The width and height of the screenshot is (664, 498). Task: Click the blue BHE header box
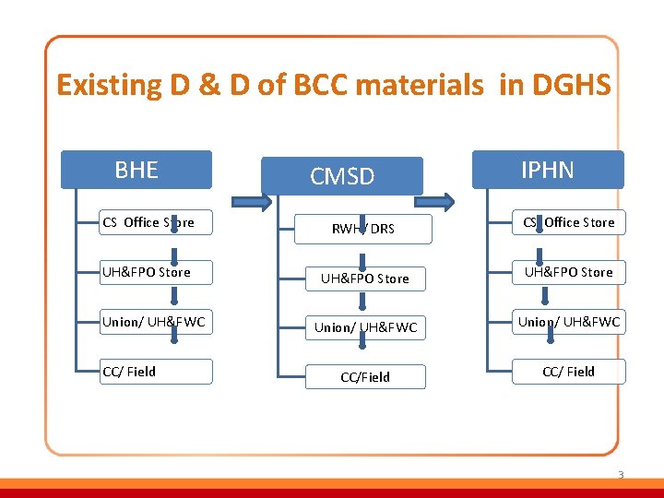pos(136,170)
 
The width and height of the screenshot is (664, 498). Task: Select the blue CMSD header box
pos(342,176)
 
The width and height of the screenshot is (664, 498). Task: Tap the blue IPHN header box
pos(548,170)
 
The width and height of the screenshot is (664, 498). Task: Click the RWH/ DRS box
pos(363,229)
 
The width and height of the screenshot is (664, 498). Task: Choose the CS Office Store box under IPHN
pos(568,222)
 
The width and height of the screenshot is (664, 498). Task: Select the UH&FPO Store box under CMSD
pos(363,279)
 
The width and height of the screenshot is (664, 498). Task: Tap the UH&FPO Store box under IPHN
pos(568,272)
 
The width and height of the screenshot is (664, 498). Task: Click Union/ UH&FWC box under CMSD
pos(365,327)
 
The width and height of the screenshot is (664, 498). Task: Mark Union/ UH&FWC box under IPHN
pos(568,322)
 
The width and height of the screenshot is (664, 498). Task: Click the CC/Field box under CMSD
pos(364,377)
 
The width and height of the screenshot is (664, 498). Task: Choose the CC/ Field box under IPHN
pos(568,372)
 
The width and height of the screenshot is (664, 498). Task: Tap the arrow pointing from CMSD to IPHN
pos(442,200)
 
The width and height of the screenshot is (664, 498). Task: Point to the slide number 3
pos(621,475)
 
